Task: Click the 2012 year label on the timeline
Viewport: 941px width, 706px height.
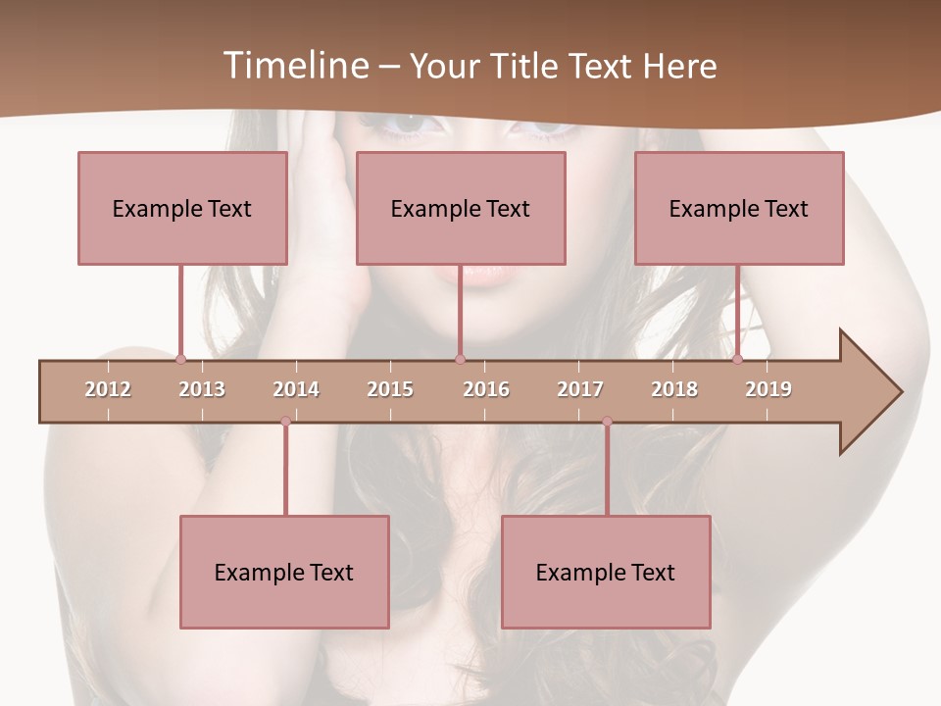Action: [108, 389]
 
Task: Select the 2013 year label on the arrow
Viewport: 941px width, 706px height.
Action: [202, 389]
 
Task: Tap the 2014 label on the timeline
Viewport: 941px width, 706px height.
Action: [296, 389]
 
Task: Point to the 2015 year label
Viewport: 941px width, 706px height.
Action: [390, 389]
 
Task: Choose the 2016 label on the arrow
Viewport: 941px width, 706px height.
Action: [486, 389]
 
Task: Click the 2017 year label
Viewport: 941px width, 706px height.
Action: [580, 389]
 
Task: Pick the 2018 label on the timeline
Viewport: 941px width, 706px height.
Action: [674, 389]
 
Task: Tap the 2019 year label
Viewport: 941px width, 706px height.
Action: [768, 389]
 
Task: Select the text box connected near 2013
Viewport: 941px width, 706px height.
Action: [182, 208]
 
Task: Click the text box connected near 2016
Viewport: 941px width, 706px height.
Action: [461, 208]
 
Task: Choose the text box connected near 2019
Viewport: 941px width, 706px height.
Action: [739, 208]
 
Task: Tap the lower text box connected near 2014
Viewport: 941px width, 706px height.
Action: [284, 572]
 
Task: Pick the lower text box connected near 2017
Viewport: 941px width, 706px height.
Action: [606, 572]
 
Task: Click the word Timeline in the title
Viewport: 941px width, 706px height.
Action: [294, 66]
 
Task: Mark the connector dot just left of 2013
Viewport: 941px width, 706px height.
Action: [180, 359]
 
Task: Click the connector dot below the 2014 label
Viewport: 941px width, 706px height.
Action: [285, 422]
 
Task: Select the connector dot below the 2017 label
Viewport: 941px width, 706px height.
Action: [607, 422]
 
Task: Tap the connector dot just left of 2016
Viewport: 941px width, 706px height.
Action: [460, 359]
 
